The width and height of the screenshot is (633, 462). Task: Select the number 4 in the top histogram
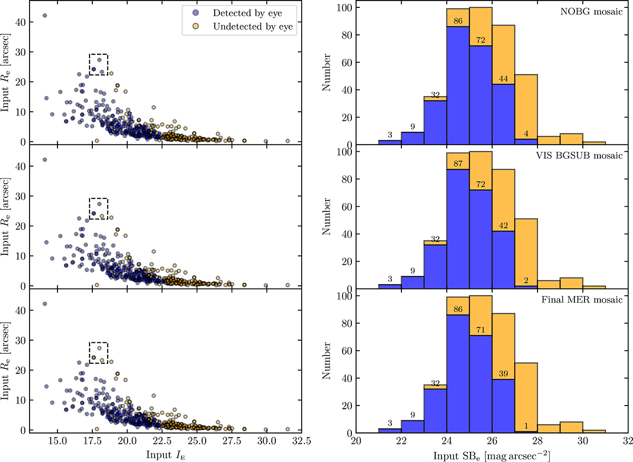[x=526, y=133]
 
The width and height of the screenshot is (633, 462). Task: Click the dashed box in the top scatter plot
[x=98, y=64]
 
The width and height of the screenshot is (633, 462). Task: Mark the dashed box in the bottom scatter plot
[x=98, y=352]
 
